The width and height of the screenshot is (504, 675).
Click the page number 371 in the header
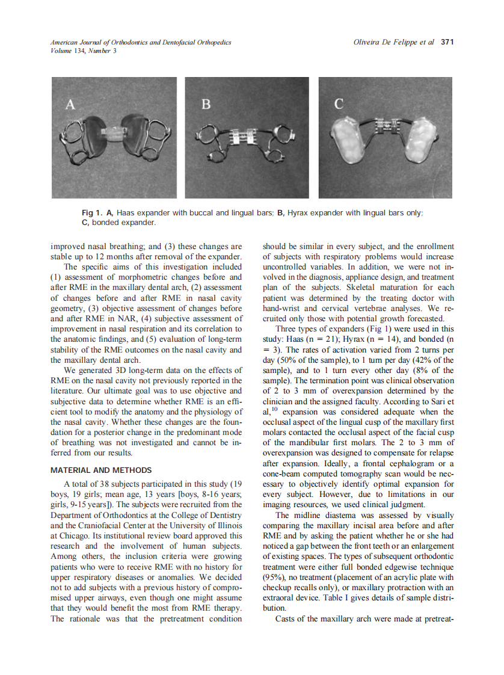(x=447, y=42)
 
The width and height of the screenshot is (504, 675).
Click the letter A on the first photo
(x=70, y=105)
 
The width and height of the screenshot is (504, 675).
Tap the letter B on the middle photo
(x=206, y=105)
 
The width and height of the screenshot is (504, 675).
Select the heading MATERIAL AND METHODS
(x=101, y=470)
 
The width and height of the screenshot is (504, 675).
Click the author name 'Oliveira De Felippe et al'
(x=395, y=42)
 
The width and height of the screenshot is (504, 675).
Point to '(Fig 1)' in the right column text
(x=381, y=329)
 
